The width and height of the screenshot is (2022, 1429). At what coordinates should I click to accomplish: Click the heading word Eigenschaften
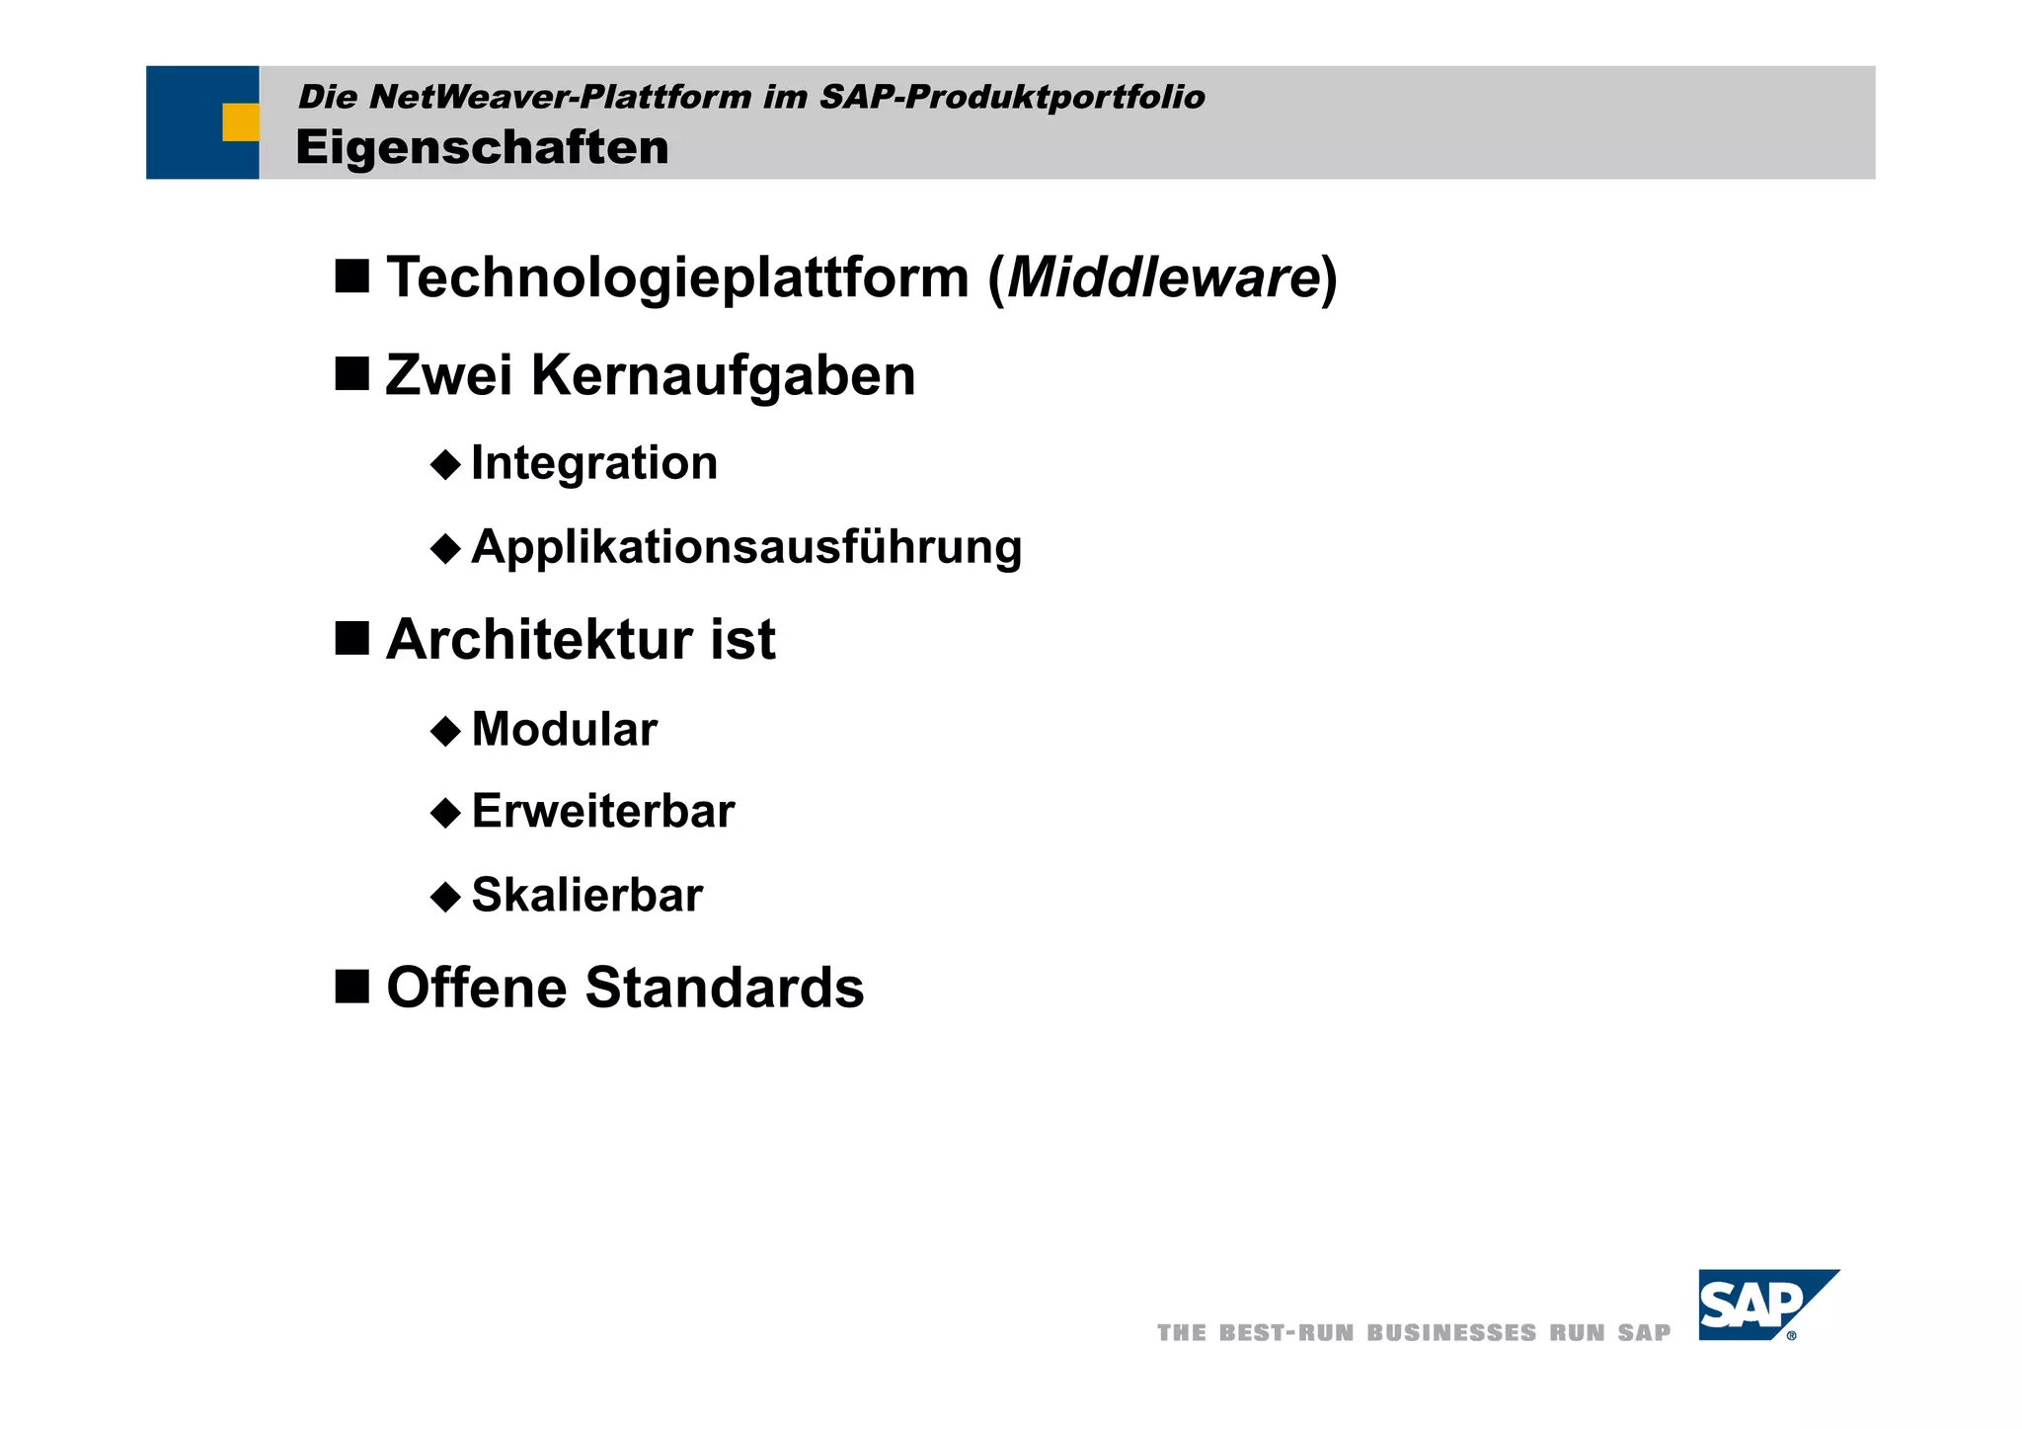482,148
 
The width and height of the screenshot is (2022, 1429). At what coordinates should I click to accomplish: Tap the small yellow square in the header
240,122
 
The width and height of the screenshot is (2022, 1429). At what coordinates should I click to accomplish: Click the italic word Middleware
1164,278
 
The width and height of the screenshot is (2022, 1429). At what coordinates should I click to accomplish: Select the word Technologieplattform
678,278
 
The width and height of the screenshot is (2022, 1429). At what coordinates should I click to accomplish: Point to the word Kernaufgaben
724,376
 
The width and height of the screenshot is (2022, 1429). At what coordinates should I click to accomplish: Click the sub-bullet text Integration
594,463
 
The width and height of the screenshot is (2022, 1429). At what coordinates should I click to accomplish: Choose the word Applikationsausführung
746,547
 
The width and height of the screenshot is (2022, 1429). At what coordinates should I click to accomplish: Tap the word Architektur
540,640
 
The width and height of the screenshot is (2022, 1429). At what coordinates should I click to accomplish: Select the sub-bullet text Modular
565,730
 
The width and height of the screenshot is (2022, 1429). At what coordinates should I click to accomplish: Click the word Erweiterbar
603,812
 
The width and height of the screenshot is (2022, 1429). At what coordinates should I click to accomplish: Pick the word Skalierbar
587,896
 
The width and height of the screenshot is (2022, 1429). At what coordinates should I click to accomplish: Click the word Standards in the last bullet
724,988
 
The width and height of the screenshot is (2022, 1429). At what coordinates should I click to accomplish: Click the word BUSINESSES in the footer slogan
1451,1333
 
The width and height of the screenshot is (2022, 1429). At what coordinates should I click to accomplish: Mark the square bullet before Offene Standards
351,986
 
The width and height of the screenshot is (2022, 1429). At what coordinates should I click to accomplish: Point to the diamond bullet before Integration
446,464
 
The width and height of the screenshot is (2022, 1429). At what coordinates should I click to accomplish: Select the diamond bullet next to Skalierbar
446,897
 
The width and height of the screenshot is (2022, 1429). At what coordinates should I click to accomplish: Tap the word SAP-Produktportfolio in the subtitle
1012,97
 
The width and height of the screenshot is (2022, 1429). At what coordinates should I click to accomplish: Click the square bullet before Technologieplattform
351,277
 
